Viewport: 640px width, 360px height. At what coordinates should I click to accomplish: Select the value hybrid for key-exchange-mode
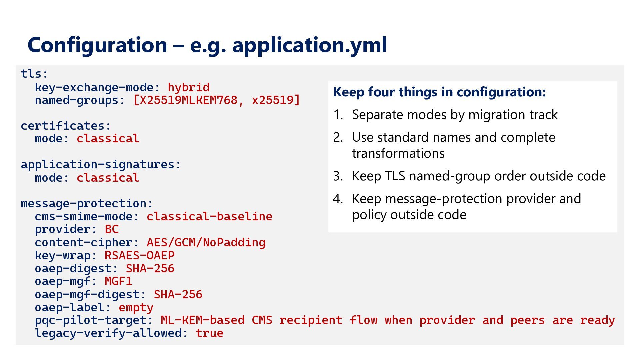(x=189, y=87)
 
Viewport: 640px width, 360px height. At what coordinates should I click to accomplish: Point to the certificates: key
(x=66, y=126)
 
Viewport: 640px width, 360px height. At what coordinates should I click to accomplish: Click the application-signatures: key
(x=101, y=164)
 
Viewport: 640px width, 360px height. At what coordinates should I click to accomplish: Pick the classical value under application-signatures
(x=108, y=178)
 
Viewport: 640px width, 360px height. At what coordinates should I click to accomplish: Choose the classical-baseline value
(x=210, y=216)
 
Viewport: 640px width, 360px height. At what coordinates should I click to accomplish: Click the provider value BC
(x=112, y=229)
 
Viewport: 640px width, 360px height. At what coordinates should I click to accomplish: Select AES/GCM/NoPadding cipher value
(x=206, y=242)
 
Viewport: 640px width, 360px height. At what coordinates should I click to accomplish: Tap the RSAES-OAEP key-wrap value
(x=140, y=255)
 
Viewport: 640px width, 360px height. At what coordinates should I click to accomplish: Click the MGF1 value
(x=118, y=281)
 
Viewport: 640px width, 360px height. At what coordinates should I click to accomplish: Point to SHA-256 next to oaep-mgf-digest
(x=178, y=294)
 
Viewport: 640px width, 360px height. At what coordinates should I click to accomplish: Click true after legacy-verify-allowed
(x=210, y=333)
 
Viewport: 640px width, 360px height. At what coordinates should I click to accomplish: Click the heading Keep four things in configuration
(x=440, y=92)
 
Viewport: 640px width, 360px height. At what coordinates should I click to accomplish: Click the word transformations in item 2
(x=398, y=153)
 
